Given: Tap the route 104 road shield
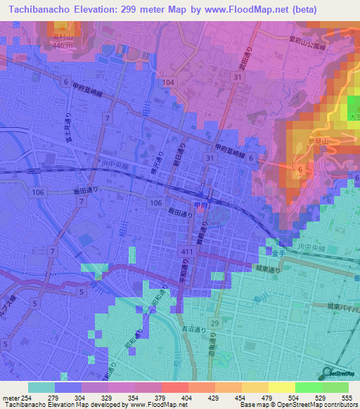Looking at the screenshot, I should [x=168, y=82].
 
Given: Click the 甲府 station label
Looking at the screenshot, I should [x=200, y=204].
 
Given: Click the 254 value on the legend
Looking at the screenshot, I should [x=28, y=398].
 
